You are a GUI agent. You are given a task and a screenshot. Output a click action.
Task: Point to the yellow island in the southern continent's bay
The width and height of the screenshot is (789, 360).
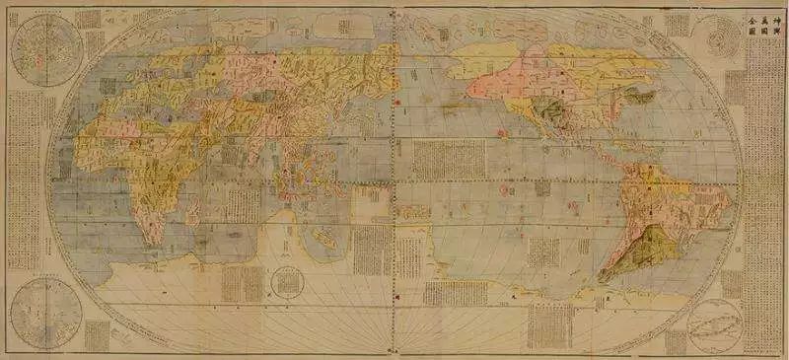291,219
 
